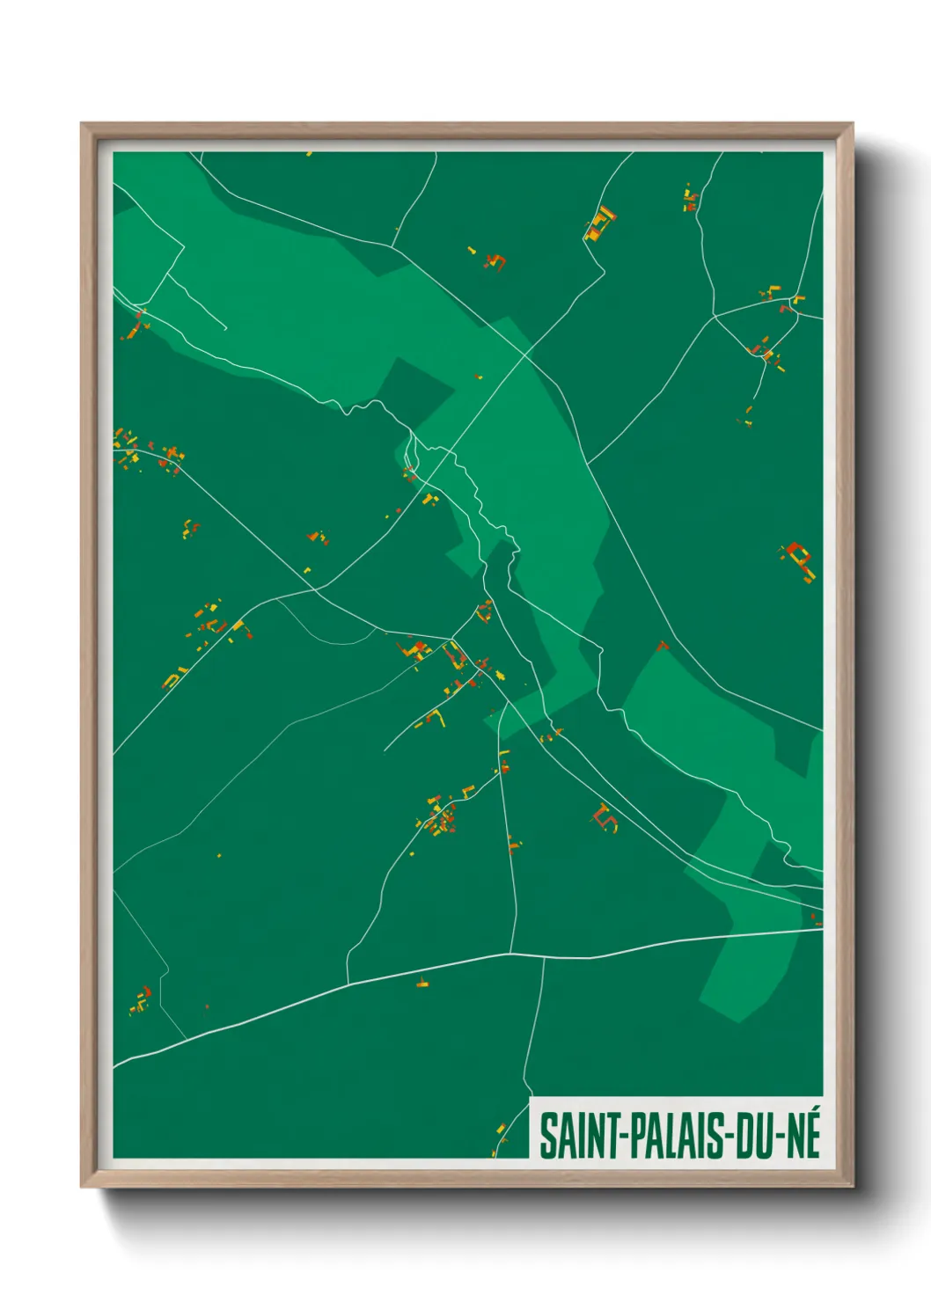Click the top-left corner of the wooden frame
82,124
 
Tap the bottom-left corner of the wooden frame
82,1186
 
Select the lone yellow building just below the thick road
422,984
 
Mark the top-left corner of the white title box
531,1098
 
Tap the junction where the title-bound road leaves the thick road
544,956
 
